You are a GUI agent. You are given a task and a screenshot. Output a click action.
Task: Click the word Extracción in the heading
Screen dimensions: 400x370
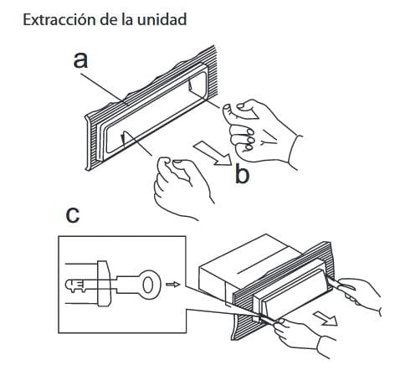(56, 20)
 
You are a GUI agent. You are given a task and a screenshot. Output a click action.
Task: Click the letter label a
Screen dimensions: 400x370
(80, 60)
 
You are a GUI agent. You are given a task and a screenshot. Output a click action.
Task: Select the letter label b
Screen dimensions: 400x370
(242, 173)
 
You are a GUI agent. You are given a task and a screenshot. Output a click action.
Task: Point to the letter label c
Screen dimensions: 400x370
(73, 215)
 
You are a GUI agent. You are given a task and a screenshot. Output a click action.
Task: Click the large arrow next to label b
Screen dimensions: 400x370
(213, 154)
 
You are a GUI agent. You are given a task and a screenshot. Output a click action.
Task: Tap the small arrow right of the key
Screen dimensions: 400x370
(173, 285)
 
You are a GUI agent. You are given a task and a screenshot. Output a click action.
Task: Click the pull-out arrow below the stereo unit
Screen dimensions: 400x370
(325, 319)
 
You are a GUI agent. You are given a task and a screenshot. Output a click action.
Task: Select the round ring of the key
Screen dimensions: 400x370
(151, 285)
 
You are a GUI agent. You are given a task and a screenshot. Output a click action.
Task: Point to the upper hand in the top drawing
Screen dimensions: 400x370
(262, 131)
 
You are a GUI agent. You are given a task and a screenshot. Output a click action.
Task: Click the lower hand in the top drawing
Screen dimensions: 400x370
(182, 187)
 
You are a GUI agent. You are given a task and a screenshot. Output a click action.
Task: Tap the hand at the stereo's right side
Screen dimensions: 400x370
(360, 295)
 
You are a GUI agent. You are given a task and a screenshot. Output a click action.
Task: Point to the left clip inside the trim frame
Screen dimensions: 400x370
(123, 139)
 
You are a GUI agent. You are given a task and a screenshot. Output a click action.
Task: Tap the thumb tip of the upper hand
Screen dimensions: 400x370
(227, 108)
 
